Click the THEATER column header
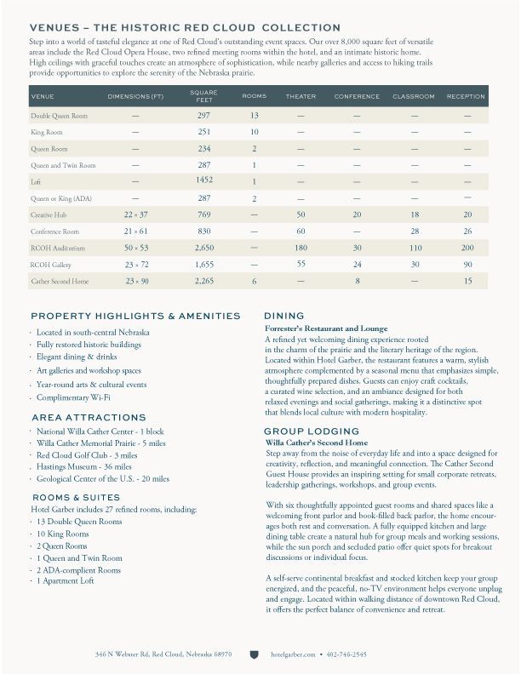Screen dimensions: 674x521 (301, 96)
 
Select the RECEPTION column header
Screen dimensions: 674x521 (466, 96)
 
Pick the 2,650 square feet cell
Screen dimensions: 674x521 (203, 248)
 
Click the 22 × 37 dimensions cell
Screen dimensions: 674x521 (135, 215)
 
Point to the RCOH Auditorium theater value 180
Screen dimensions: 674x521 (301, 248)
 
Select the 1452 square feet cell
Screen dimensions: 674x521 (203, 180)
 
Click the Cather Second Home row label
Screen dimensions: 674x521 (60, 281)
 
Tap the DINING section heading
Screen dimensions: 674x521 (283, 316)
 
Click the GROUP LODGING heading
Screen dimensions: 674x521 (307, 431)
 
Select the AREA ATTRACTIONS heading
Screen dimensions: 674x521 (88, 418)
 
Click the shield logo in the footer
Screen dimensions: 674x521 (254, 654)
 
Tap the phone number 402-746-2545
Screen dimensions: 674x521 (346, 654)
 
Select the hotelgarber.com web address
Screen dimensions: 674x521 (293, 654)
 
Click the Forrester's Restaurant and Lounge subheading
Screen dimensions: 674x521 (326, 328)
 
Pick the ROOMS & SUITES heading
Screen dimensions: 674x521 (76, 497)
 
